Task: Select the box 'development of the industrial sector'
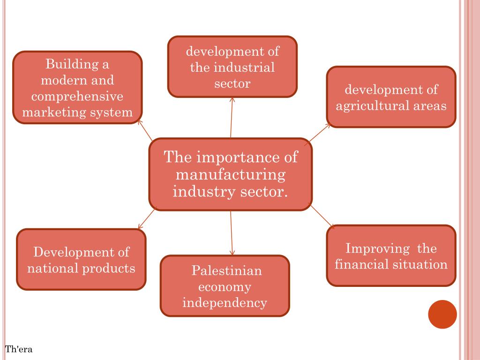[x=232, y=67]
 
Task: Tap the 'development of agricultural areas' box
[x=391, y=97]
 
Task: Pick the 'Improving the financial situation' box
[x=391, y=255]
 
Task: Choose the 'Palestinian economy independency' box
[x=225, y=286]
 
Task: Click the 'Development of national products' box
[x=81, y=260]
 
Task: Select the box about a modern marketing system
[x=77, y=88]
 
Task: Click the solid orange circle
[x=442, y=315]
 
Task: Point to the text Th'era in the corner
[x=19, y=349]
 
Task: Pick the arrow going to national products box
[x=147, y=219]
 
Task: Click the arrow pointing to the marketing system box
[x=146, y=130]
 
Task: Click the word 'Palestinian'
[x=226, y=270]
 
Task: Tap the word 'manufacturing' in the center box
[x=230, y=174]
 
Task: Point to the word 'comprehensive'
[x=77, y=96]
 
